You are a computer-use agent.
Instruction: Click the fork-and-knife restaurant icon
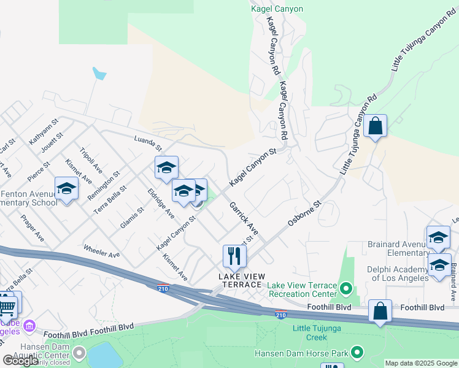(x=234, y=256)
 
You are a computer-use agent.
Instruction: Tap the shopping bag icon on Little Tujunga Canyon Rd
(x=375, y=126)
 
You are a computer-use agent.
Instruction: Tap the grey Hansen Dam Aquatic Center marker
(x=79, y=353)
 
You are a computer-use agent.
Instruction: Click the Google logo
(x=20, y=361)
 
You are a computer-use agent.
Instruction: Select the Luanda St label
(x=148, y=144)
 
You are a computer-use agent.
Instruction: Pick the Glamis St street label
(x=132, y=218)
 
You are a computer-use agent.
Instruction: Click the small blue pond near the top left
(x=99, y=74)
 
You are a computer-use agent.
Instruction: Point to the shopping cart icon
(x=6, y=305)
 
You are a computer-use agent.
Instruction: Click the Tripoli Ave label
(x=91, y=161)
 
